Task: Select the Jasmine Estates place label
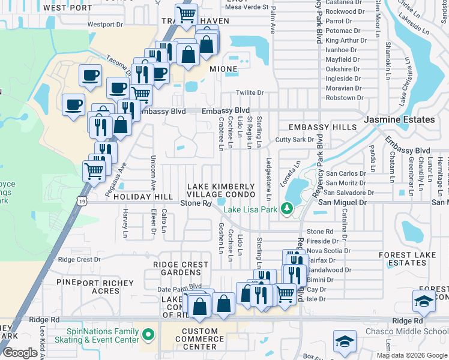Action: [399, 119]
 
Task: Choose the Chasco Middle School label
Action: [415, 331]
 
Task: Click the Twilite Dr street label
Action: [250, 92]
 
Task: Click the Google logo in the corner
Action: [20, 352]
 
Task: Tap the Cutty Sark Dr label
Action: [295, 139]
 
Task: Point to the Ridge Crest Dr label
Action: [79, 259]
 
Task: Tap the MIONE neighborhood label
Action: [223, 70]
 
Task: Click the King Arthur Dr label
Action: [343, 40]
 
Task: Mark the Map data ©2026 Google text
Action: [411, 355]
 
